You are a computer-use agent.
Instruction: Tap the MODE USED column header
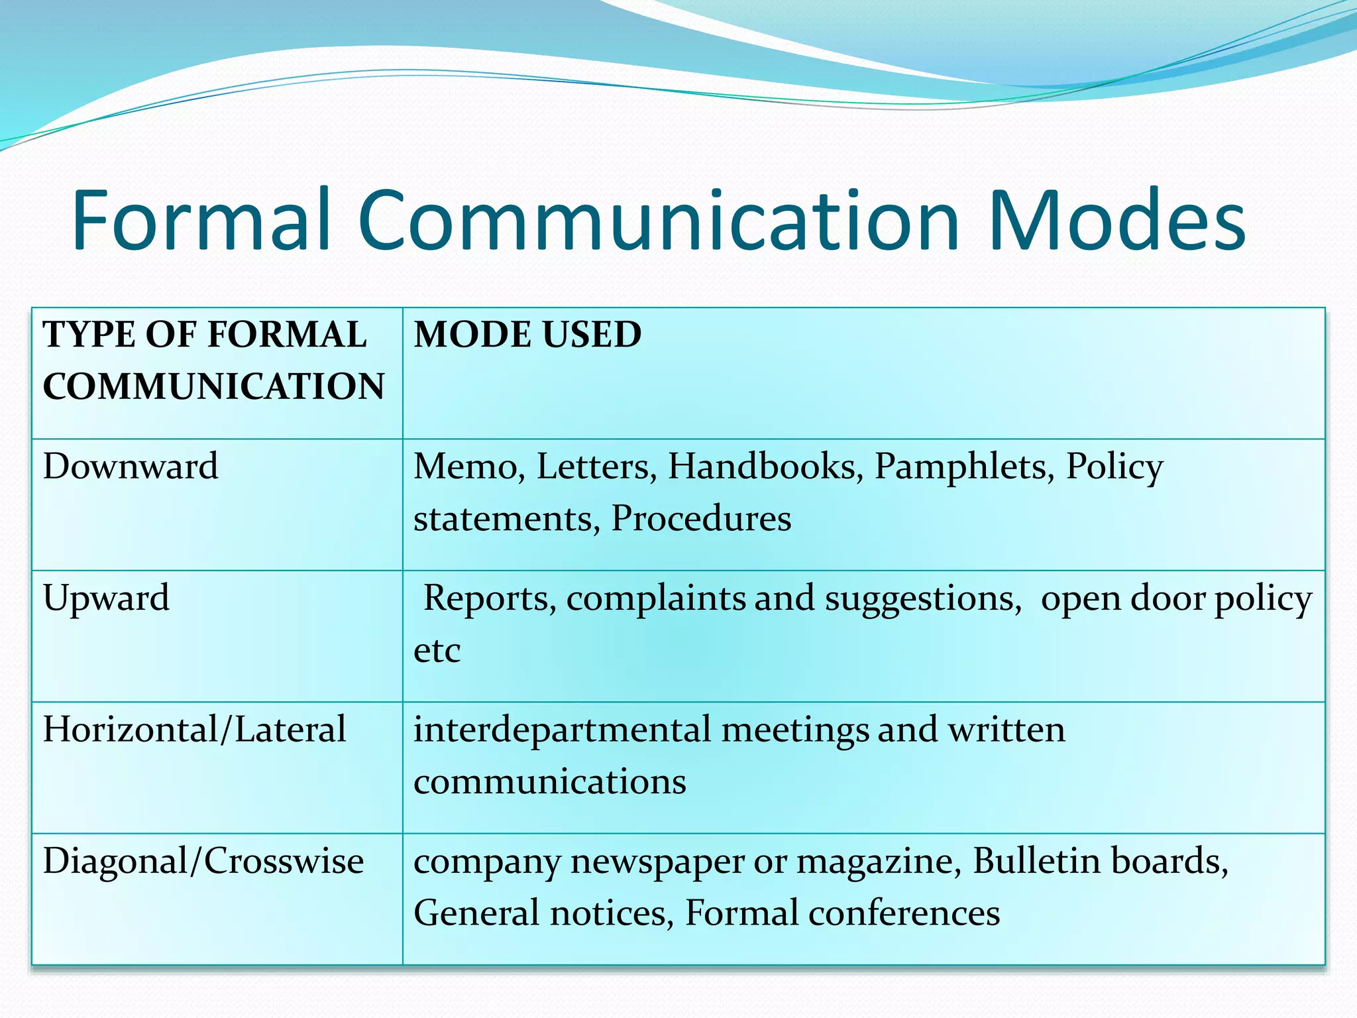click(527, 334)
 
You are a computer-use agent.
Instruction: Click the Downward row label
click(131, 466)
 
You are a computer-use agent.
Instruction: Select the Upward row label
click(106, 598)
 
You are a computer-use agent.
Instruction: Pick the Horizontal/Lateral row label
click(194, 730)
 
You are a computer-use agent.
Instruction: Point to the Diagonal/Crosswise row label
click(203, 861)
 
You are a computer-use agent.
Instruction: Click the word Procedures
click(701, 518)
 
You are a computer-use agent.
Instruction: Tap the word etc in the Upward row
click(437, 650)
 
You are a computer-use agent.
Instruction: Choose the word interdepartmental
click(562, 730)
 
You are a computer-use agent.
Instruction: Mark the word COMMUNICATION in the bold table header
click(213, 386)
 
